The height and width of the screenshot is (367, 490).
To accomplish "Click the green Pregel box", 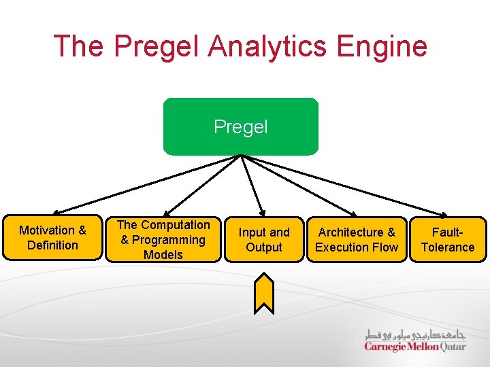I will click(240, 127).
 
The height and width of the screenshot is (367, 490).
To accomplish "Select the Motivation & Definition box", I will click(53, 239).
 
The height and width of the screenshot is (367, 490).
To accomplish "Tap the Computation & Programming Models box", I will click(163, 240).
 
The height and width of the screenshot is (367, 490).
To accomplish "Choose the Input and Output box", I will click(264, 240).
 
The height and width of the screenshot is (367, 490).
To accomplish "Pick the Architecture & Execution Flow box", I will click(356, 240).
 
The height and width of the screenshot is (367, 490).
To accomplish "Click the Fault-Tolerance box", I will click(448, 240).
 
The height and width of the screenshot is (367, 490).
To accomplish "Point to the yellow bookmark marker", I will click(264, 293).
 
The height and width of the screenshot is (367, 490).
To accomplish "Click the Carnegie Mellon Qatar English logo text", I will click(415, 347).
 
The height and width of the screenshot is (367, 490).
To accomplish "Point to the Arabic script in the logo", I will click(415, 334).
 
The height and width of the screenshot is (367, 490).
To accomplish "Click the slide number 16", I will click(353, 343).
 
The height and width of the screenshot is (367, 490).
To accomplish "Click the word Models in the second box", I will click(163, 255).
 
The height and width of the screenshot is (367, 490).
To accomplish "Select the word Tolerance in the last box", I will click(448, 247).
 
